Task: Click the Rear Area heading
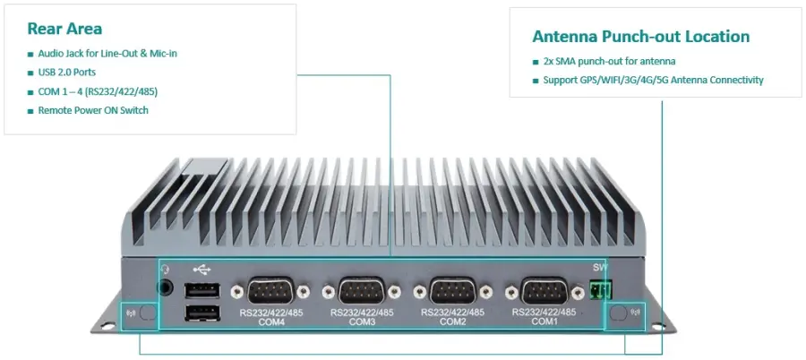(64, 29)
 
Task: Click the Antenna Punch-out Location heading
(640, 37)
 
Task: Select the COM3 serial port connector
(361, 292)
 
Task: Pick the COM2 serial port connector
(452, 292)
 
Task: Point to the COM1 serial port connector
(544, 292)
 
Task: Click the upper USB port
(201, 290)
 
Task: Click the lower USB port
(201, 313)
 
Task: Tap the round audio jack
(165, 288)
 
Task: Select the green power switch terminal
(601, 289)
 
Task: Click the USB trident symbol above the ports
(201, 268)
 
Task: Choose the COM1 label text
(543, 321)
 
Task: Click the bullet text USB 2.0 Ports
(67, 72)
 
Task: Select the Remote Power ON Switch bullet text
(93, 110)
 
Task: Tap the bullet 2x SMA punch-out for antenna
(609, 61)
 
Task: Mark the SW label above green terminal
(600, 268)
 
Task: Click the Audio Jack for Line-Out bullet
(107, 53)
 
